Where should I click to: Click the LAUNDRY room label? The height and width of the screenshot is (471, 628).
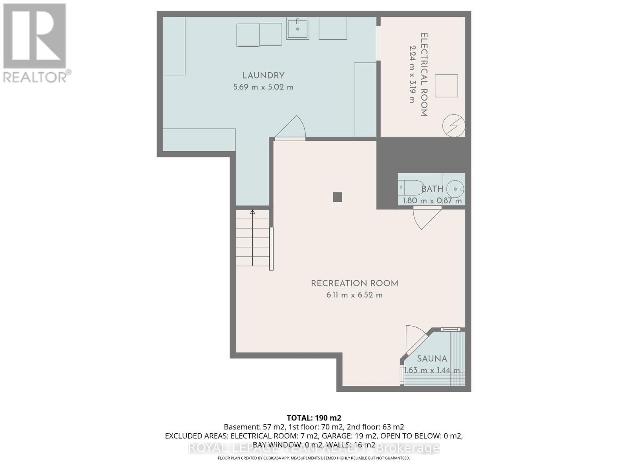click(263, 75)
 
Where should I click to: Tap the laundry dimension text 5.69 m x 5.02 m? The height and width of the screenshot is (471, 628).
click(263, 87)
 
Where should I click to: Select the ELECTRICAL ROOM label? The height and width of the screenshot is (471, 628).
click(424, 74)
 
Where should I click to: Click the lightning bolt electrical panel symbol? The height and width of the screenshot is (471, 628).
click(453, 126)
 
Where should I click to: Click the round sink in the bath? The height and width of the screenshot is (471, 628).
click(455, 189)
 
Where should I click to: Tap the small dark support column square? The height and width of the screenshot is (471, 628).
click(337, 197)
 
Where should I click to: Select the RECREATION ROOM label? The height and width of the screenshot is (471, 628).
click(354, 283)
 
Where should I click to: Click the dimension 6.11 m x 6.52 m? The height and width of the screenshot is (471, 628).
click(354, 295)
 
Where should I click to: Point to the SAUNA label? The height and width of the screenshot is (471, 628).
click(432, 358)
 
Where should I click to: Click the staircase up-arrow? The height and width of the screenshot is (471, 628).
click(252, 212)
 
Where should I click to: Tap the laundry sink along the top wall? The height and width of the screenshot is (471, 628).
click(298, 29)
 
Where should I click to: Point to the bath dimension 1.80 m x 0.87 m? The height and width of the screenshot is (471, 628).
click(432, 201)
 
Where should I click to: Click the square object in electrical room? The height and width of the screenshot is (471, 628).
click(446, 86)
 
